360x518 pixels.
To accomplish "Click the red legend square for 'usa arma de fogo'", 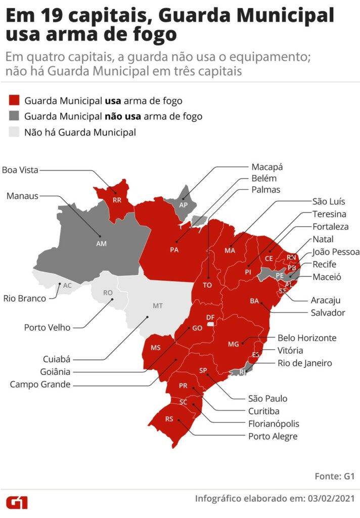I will [14, 100].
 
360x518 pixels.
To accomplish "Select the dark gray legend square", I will [14, 116].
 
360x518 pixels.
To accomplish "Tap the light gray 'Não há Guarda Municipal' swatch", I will [14, 133].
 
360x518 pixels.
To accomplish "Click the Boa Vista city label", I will [20, 170].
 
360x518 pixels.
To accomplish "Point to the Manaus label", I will [22, 195].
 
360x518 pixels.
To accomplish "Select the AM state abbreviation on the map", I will [102, 243].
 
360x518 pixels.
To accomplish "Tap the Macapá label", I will [267, 167].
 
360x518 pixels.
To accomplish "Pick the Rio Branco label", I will [24, 298].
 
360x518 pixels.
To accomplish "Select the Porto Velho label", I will [47, 327].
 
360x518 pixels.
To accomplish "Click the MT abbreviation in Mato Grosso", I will [158, 306].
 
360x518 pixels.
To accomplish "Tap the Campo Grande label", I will [40, 384].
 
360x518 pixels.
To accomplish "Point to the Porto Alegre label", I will [273, 436].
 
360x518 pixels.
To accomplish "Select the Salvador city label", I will [328, 313].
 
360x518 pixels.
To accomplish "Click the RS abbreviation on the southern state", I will [169, 419].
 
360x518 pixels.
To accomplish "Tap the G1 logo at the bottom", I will [17, 502].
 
